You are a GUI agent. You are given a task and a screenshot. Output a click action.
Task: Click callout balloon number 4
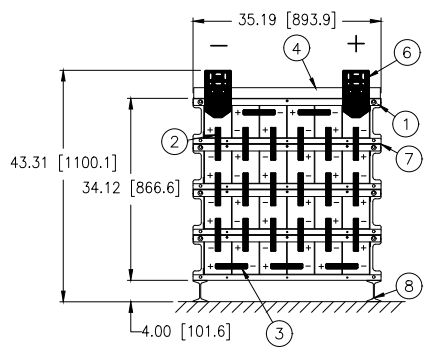pyautogui.click(x=297, y=49)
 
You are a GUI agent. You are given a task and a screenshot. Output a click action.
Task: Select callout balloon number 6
pyautogui.click(x=407, y=53)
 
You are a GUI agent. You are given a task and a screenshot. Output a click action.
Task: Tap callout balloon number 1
pyautogui.click(x=406, y=124)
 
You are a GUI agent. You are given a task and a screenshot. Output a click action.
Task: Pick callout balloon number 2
pyautogui.click(x=175, y=142)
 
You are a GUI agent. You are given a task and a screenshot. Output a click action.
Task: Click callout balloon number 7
pyautogui.click(x=409, y=158)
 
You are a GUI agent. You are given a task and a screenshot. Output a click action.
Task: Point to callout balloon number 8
pyautogui.click(x=409, y=286)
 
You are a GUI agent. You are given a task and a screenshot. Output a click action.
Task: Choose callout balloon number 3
pyautogui.click(x=279, y=333)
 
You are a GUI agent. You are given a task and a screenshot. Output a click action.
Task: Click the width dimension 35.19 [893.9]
pyautogui.click(x=287, y=20)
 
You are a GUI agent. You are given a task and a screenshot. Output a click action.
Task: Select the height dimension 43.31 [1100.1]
pyautogui.click(x=64, y=163)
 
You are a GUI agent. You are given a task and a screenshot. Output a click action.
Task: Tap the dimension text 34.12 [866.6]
pyautogui.click(x=131, y=188)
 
